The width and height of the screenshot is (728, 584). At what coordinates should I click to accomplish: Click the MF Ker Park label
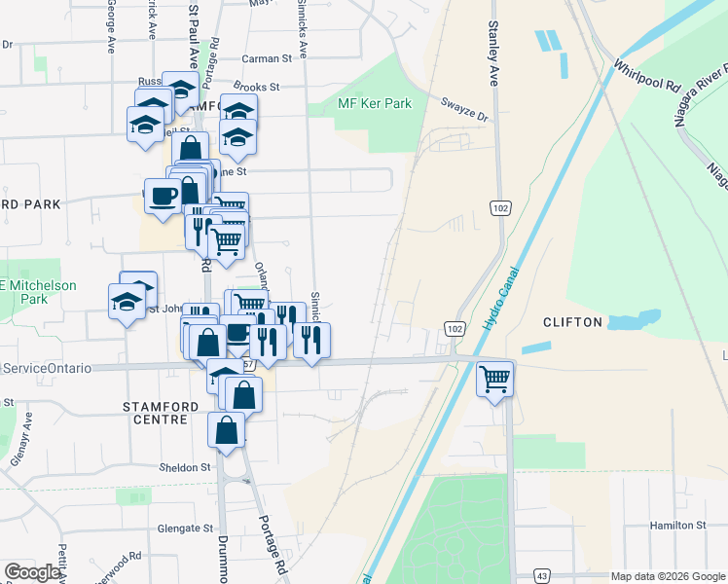click(x=374, y=104)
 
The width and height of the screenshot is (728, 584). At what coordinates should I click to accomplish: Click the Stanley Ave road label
click(x=493, y=55)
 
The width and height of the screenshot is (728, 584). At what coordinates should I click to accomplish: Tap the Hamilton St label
click(x=677, y=526)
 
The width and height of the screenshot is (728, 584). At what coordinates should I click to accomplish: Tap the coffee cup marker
click(x=162, y=196)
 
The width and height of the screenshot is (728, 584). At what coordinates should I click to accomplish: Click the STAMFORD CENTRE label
click(x=155, y=412)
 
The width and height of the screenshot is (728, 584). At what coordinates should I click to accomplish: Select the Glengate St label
click(x=185, y=529)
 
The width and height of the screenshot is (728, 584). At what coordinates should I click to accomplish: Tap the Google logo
click(x=32, y=572)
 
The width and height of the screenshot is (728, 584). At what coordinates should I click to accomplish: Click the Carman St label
click(x=267, y=58)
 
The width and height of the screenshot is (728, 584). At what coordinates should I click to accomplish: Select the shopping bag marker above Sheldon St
click(x=226, y=429)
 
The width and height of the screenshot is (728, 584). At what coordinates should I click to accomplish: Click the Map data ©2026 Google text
click(x=667, y=576)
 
